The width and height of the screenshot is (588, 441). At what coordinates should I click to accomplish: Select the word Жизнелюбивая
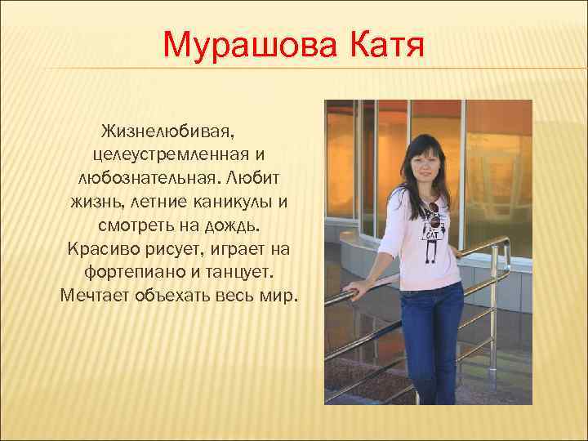(x=169, y=131)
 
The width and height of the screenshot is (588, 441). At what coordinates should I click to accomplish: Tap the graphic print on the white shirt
(x=433, y=225)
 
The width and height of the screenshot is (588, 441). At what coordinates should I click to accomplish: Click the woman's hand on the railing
(x=354, y=288)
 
